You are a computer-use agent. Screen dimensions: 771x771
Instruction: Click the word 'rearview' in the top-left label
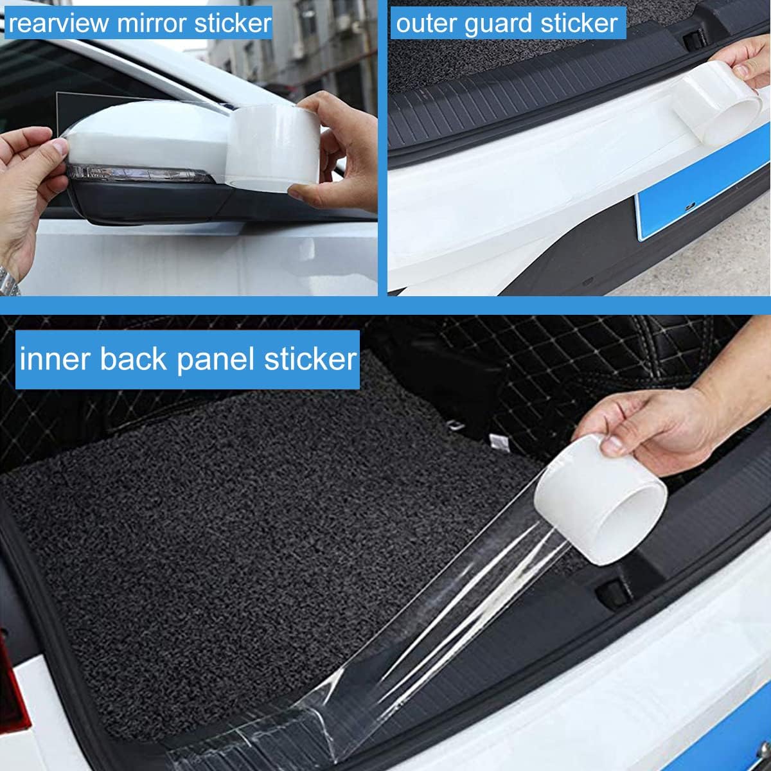point(58,23)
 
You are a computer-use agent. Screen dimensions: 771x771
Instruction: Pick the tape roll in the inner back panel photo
point(600,500)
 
